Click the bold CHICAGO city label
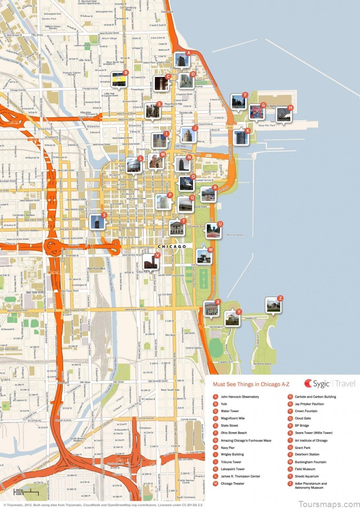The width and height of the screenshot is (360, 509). coord(172,247)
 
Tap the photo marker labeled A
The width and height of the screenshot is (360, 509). coord(181,60)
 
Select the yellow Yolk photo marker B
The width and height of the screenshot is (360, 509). coord(119,79)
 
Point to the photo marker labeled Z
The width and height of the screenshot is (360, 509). coord(273,305)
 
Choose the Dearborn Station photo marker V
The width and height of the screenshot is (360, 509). coord(150,262)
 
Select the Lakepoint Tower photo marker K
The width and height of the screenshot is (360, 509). coord(241,137)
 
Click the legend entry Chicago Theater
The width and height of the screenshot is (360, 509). coord(234,483)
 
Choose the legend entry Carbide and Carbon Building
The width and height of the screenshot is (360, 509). coord(315,397)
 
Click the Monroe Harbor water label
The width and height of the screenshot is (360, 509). coord(235,235)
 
